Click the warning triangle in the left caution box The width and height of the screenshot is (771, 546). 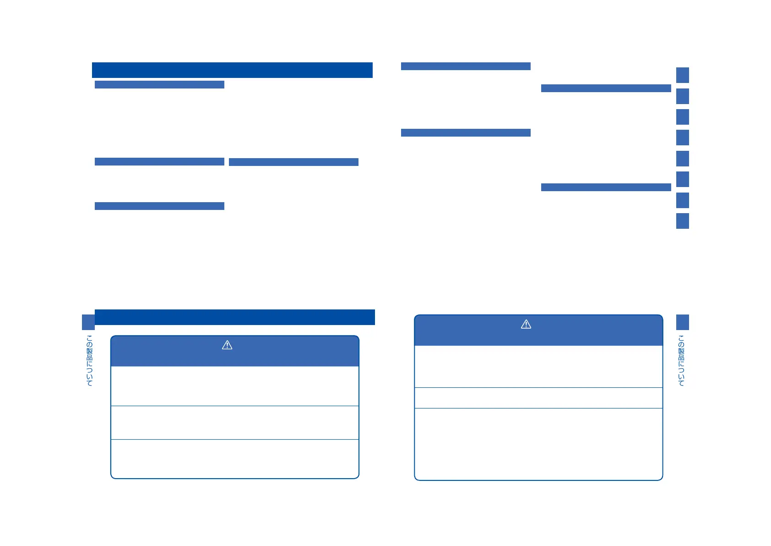click(227, 345)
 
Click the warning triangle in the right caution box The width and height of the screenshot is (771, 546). click(526, 325)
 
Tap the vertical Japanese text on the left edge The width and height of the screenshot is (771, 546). click(89, 360)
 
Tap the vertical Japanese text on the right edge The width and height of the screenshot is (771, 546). click(682, 360)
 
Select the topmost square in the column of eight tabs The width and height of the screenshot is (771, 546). click(682, 75)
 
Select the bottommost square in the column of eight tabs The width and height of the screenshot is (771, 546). click(682, 221)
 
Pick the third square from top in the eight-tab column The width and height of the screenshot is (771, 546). click(682, 117)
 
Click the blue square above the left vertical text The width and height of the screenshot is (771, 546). click(88, 322)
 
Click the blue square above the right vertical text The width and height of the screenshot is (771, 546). click(682, 322)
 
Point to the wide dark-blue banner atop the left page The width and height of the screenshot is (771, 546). click(232, 70)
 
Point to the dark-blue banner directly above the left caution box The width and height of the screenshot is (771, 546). click(234, 317)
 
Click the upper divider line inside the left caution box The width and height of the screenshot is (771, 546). click(234, 406)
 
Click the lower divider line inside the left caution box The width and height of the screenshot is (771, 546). click(234, 439)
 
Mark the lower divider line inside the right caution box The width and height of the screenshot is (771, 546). click(538, 408)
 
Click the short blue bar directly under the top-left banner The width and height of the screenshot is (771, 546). click(159, 84)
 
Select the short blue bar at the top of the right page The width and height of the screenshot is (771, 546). click(466, 66)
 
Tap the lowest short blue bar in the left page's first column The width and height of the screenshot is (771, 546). click(159, 206)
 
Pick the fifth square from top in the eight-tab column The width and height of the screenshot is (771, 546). click(682, 159)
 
